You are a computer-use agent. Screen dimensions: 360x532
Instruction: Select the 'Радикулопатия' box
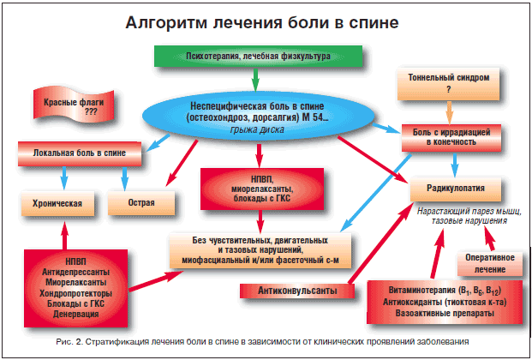[x=457, y=188]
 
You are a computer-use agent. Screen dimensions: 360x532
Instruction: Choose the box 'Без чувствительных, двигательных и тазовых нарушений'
[x=261, y=248]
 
